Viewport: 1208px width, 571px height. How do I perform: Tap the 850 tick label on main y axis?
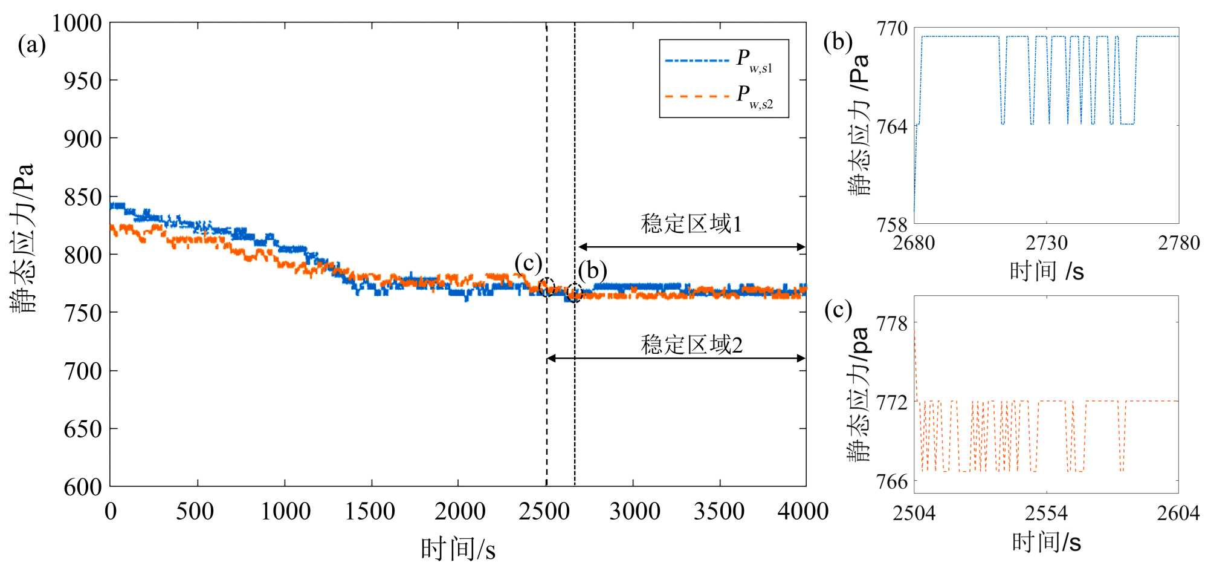pos(83,197)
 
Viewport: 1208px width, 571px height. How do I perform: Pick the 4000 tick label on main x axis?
pos(803,512)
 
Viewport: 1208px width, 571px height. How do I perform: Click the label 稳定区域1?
pos(691,224)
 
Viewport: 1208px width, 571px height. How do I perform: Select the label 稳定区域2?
pos(691,345)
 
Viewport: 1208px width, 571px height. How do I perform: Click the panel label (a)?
pos(32,45)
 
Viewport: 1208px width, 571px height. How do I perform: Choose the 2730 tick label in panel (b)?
pos(1046,243)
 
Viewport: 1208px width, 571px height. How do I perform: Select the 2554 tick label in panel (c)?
pos(1046,513)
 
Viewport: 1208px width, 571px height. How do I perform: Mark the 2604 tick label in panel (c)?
pos(1178,513)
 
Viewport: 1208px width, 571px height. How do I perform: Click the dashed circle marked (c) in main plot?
pos(546,287)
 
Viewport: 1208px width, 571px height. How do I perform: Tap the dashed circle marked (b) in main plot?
pos(574,293)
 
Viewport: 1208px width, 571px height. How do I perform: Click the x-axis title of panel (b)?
pos(1047,272)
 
